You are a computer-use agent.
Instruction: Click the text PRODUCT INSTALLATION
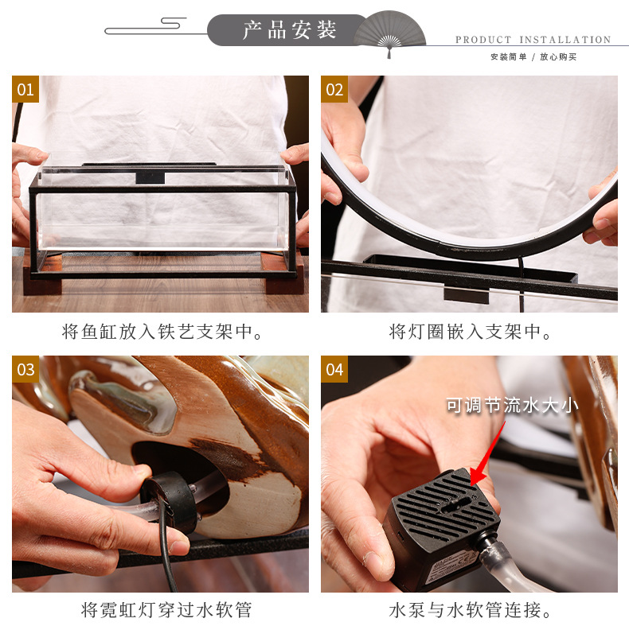[533, 40]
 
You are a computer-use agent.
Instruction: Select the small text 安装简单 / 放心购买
[533, 56]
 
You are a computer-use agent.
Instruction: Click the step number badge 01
[25, 89]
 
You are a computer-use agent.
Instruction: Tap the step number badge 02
[334, 89]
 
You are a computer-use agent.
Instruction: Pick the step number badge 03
[25, 369]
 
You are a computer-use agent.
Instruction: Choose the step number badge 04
[334, 369]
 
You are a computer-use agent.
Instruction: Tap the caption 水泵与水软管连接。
[469, 610]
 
